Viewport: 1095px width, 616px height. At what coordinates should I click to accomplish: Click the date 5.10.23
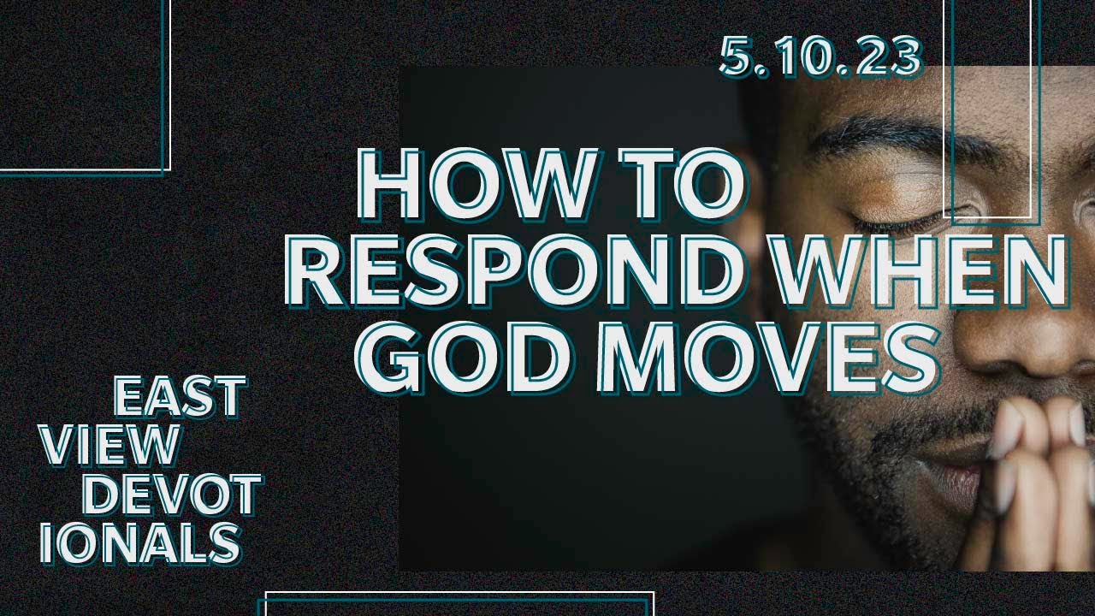(820, 58)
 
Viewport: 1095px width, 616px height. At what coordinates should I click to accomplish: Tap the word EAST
(180, 397)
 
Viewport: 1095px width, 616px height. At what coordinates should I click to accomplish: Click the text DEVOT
(175, 495)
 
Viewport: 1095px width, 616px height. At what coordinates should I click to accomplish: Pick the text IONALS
(140, 542)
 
